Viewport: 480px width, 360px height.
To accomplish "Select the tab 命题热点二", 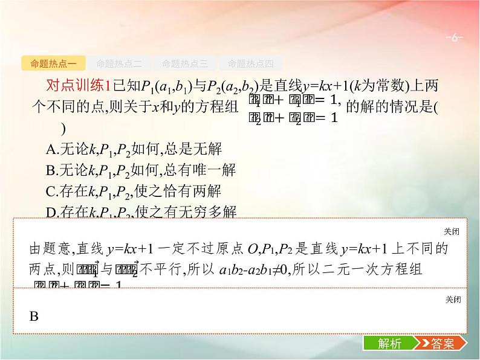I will coord(118,63).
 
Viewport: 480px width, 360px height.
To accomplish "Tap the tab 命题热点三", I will coord(184,63).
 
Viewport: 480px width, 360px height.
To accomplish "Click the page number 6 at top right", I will coord(454,37).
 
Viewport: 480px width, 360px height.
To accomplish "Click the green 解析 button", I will coord(389,344).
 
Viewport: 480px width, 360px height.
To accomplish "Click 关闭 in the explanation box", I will coord(452,231).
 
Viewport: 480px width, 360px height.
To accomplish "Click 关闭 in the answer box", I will coord(452,300).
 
